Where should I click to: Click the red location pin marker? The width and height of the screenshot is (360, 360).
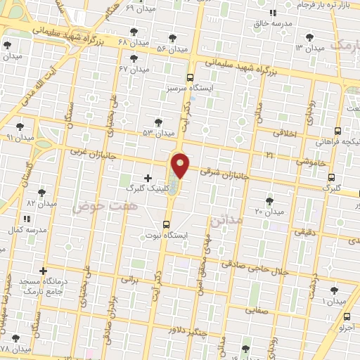(181, 165)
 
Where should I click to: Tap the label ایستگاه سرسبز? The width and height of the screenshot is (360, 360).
(190, 90)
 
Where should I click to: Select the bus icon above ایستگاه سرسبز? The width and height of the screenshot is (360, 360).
(190, 78)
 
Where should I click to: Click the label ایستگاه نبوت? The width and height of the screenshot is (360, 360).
(167, 236)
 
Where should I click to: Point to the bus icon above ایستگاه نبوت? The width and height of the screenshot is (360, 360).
(167, 224)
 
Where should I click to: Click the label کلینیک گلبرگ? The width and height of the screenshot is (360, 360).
(146, 188)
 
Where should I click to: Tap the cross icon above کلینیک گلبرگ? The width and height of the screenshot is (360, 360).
(147, 177)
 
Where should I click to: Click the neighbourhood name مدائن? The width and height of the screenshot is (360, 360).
(226, 221)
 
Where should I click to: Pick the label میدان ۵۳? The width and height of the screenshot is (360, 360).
(157, 133)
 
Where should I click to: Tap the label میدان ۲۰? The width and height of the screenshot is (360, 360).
(269, 211)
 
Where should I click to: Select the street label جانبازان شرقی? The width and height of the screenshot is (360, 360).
(224, 172)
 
